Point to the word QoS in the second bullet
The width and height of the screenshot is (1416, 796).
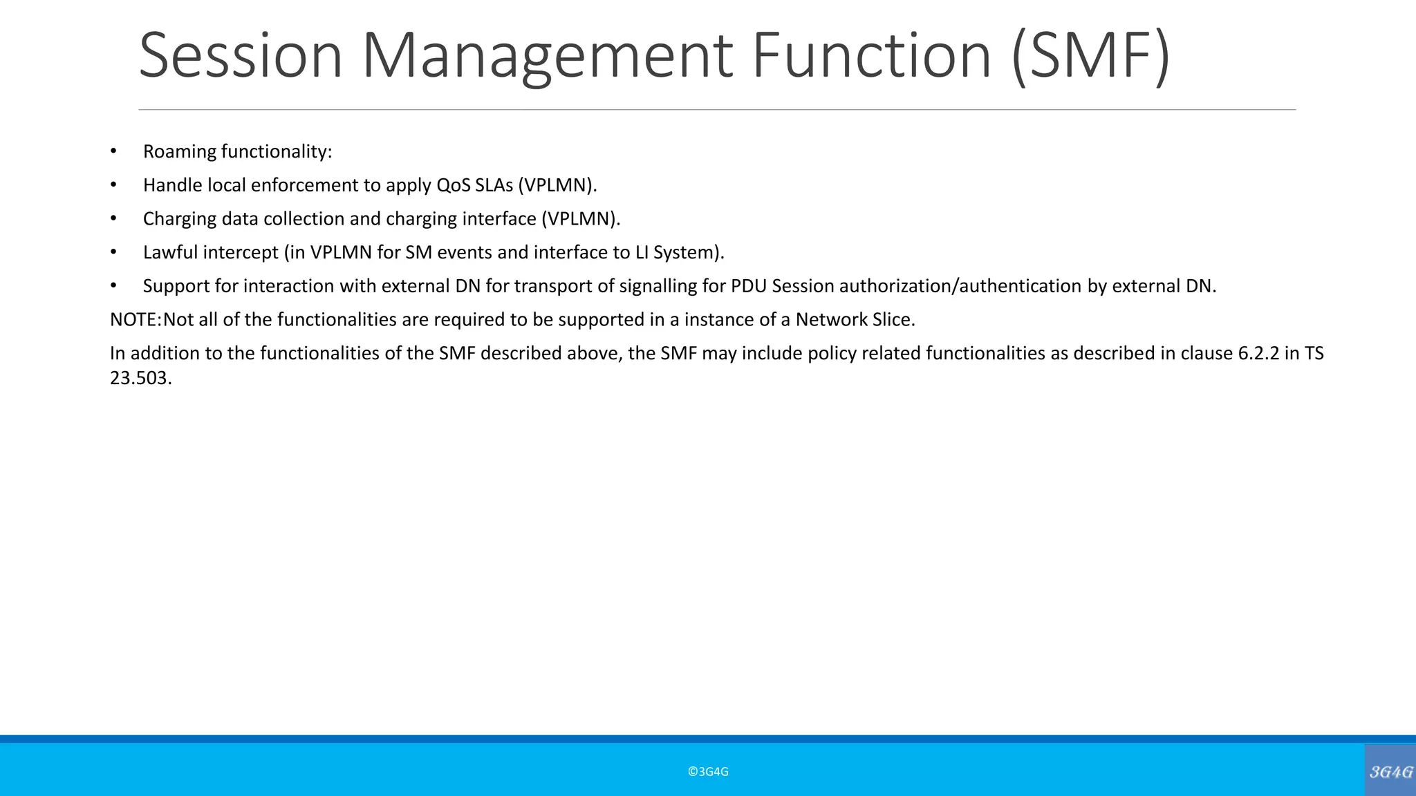pyautogui.click(x=453, y=185)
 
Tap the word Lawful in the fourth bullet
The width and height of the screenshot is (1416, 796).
pyautogui.click(x=170, y=253)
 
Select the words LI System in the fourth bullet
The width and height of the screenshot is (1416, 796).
pyautogui.click(x=675, y=253)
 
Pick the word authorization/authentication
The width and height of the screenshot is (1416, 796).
pyautogui.click(x=960, y=286)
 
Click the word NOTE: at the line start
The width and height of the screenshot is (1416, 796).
pyautogui.click(x=136, y=320)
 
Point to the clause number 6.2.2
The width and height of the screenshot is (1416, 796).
pyautogui.click(x=1259, y=354)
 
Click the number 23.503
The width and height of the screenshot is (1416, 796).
pyautogui.click(x=140, y=379)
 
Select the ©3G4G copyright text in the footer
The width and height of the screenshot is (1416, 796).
pyautogui.click(x=708, y=772)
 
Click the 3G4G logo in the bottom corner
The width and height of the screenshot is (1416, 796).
pyautogui.click(x=1390, y=772)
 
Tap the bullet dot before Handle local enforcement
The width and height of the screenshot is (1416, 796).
pyautogui.click(x=113, y=185)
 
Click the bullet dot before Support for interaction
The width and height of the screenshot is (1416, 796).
pyautogui.click(x=113, y=286)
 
